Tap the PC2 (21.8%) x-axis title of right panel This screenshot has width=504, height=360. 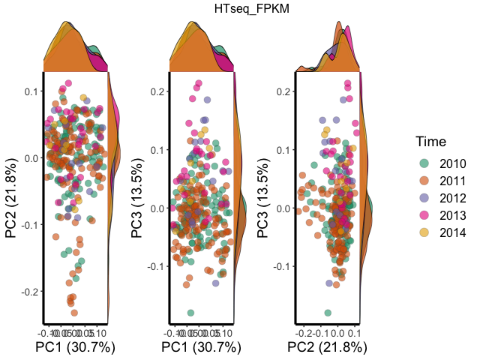click(x=327, y=347)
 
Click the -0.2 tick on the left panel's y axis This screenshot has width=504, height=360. click(x=31, y=291)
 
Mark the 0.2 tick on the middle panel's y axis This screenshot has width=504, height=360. click(x=160, y=91)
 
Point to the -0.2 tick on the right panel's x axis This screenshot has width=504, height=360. click(x=305, y=331)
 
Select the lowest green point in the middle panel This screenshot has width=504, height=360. click(x=190, y=313)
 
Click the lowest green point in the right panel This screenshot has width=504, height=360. click(x=328, y=313)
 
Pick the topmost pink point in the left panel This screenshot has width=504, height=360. click(x=68, y=83)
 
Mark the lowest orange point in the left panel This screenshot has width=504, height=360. click(x=73, y=312)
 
